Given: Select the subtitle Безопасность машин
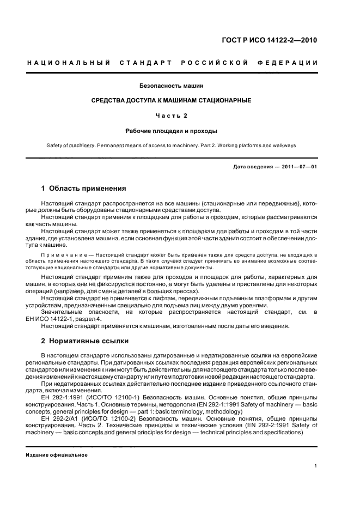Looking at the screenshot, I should [180, 86].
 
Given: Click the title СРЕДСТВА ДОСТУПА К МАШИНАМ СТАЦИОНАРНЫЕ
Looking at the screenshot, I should [180, 100].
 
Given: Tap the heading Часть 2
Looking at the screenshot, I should [180, 116].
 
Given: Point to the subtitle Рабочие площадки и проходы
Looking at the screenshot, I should [180, 131].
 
